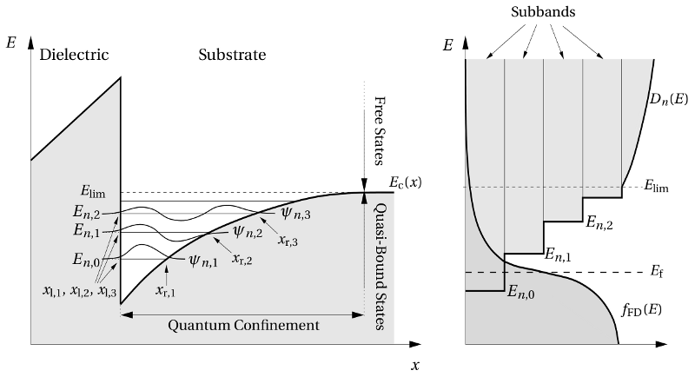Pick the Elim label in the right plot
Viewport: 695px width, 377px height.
[659, 186]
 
